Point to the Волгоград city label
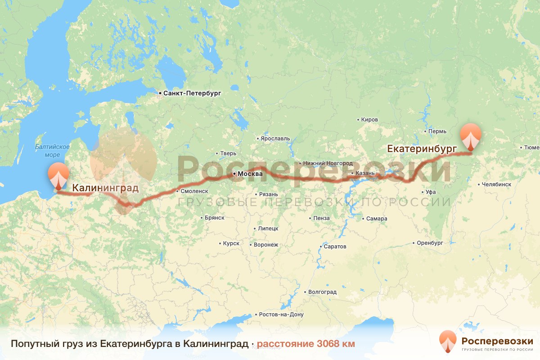click(x=322, y=292)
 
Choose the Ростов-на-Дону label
click(x=282, y=315)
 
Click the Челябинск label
click(x=496, y=184)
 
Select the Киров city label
click(x=369, y=120)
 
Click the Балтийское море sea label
click(x=53, y=151)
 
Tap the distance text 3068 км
click(x=336, y=344)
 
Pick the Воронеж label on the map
click(x=266, y=245)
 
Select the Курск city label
click(x=230, y=243)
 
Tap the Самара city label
click(x=377, y=219)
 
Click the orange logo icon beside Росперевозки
click(x=447, y=341)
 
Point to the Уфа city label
click(x=431, y=192)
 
